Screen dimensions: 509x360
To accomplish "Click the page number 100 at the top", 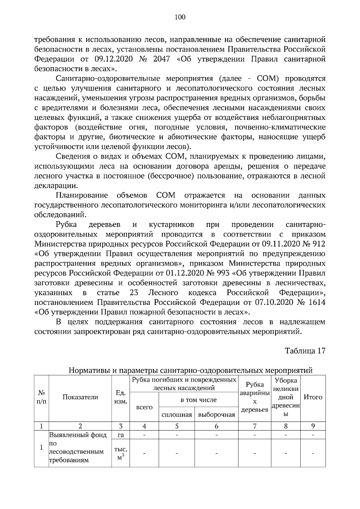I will pos(180,17).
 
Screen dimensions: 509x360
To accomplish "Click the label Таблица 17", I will pos(305,351).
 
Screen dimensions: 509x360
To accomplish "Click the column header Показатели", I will pos(80,397).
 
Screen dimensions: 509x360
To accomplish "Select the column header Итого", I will pos(313,397).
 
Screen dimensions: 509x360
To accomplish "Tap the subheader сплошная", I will pos(177,415).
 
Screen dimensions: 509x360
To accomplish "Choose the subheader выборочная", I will pos(216,415).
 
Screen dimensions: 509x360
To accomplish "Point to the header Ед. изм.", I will pos(121,397).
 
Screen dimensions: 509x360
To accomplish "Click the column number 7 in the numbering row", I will pos(254,426).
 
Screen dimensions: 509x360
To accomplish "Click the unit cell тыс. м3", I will pos(121,453).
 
